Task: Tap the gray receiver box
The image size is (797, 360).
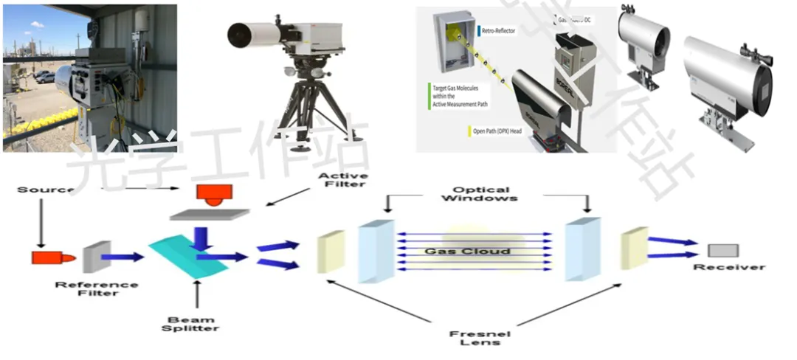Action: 722,250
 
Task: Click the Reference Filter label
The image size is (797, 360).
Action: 97,288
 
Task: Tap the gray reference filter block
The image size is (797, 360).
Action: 92,257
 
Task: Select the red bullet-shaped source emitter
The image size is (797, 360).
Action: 48,257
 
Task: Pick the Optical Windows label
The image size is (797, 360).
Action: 485,193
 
